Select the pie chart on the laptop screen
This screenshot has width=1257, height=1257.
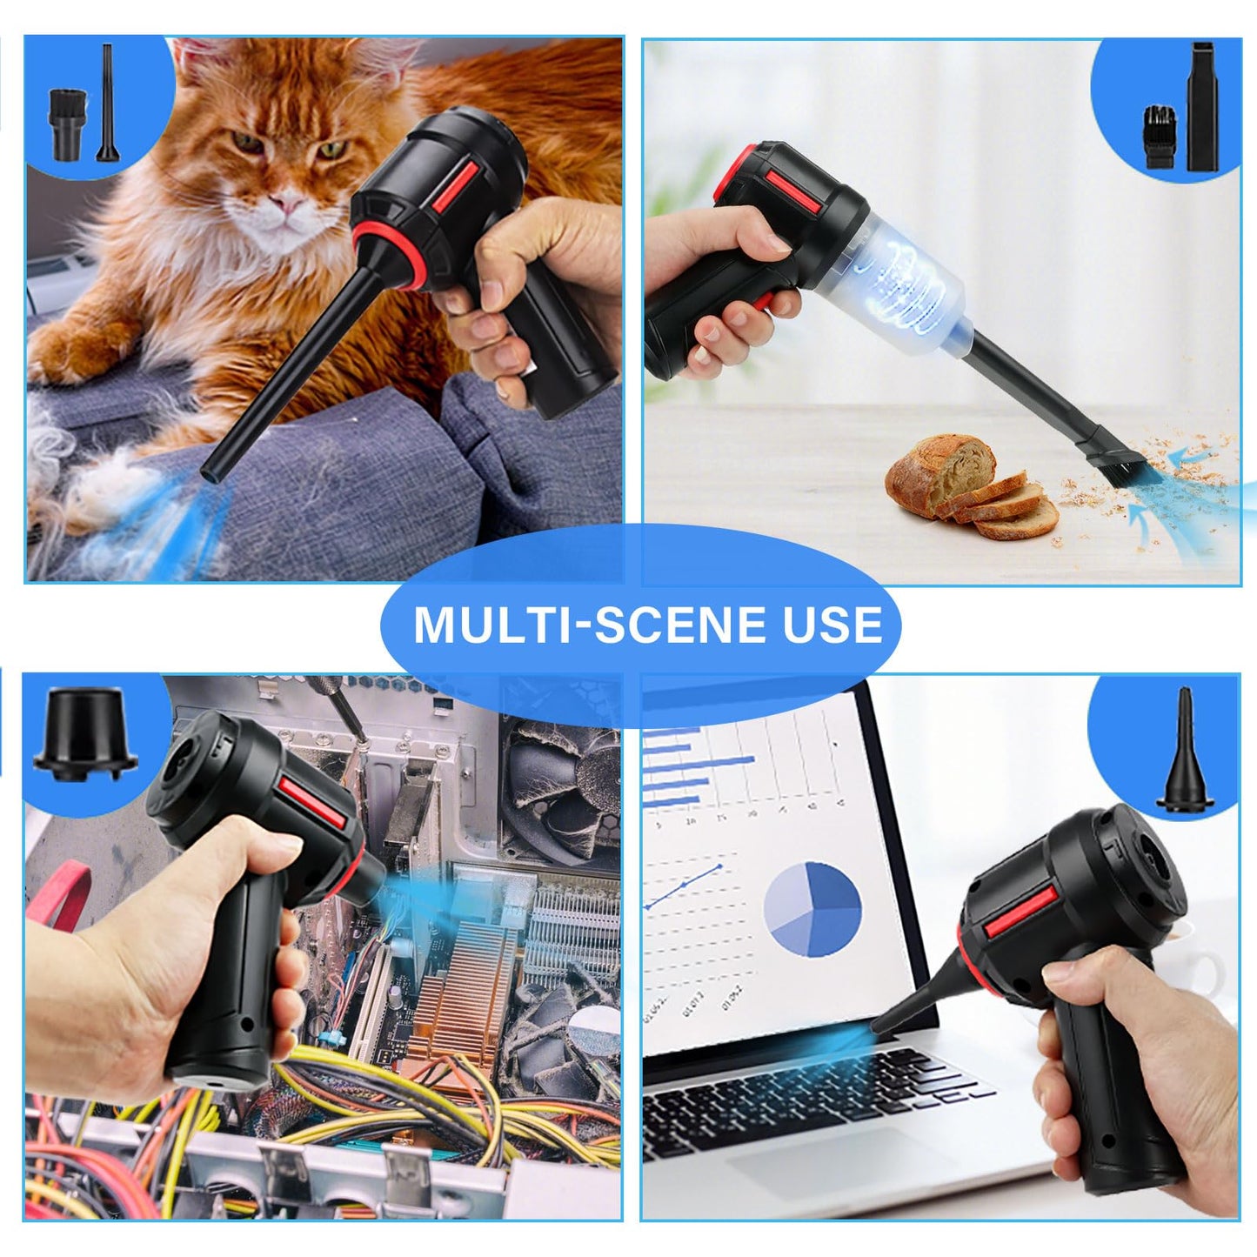[x=812, y=907]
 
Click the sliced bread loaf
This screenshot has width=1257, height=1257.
[x=969, y=487]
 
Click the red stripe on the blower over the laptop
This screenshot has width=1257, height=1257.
[x=1020, y=913]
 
